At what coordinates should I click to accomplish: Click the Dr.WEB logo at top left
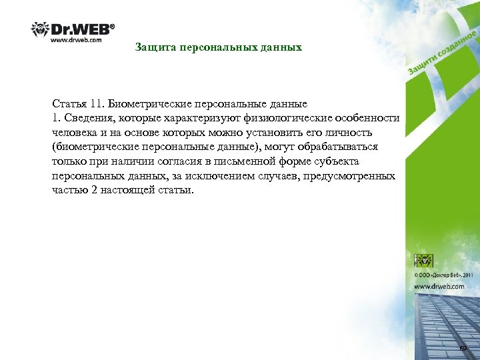73,29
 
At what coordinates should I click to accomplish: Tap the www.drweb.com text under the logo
77,40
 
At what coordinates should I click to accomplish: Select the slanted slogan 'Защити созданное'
442,52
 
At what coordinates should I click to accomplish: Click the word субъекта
336,161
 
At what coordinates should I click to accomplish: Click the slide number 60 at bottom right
463,349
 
